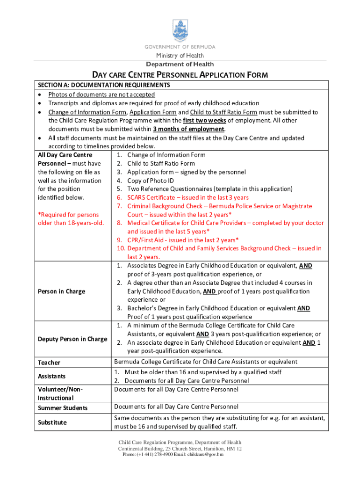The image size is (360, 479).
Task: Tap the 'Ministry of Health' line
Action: click(180, 56)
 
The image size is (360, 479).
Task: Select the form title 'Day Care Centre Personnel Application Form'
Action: click(180, 75)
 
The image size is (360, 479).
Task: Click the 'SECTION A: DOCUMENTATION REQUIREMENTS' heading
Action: click(103, 85)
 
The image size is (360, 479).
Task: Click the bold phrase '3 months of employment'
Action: click(188, 129)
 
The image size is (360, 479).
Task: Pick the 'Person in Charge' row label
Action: click(61, 291)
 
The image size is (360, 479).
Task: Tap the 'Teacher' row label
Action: click(49, 363)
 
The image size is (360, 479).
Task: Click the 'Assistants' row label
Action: click(51, 376)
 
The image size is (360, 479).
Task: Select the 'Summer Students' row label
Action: click(62, 408)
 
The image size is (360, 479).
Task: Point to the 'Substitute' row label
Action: click(52, 422)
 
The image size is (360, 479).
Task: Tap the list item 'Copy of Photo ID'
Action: click(155, 181)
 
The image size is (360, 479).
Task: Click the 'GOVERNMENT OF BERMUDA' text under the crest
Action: click(180, 47)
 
